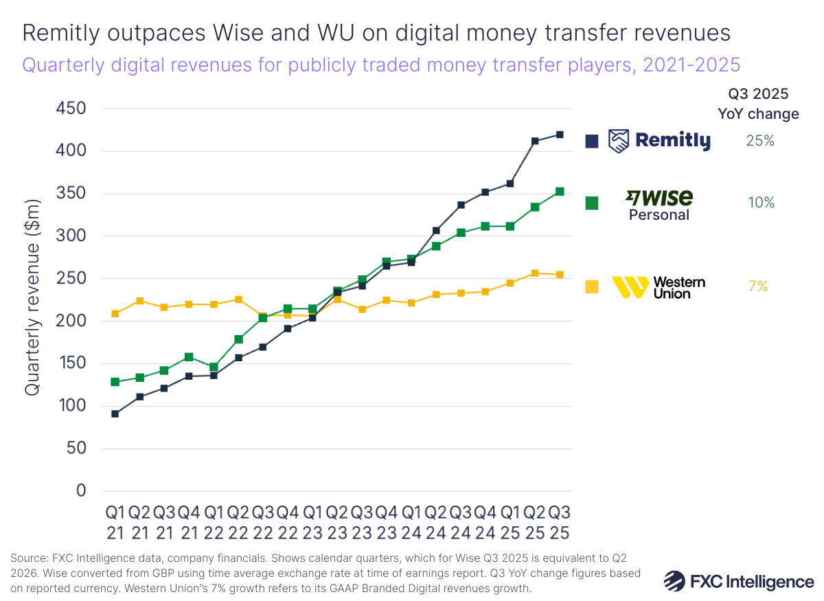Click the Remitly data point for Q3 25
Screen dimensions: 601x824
point(560,135)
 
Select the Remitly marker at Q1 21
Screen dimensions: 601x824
point(115,414)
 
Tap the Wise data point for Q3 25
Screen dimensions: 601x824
point(560,192)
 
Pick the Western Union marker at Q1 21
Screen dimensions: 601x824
point(115,314)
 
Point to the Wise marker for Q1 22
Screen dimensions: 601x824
point(214,367)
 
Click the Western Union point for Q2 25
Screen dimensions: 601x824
point(535,273)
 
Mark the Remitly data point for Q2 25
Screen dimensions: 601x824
point(535,141)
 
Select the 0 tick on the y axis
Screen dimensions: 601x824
point(82,491)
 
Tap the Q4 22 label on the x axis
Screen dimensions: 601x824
point(288,523)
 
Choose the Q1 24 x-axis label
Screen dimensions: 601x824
point(411,523)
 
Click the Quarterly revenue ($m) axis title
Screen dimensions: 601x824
point(32,297)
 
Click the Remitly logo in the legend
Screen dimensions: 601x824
point(660,141)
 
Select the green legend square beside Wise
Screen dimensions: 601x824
point(591,203)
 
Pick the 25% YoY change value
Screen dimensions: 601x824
point(760,141)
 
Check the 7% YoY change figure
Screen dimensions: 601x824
point(758,287)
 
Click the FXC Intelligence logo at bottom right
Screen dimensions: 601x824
point(739,580)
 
